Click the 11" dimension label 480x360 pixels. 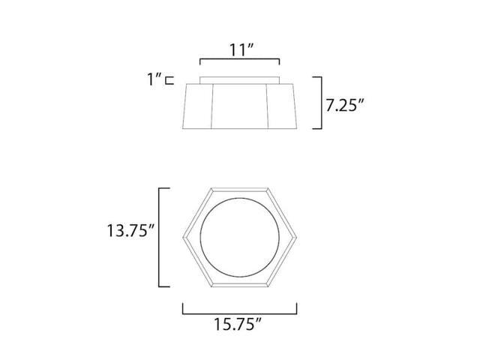point(241,50)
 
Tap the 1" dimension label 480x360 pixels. point(154,79)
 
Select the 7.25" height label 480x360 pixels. point(344,106)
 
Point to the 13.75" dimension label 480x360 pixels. point(130,230)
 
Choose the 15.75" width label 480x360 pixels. point(238,324)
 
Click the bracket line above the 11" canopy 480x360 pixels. point(240,60)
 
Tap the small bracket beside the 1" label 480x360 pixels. point(169,80)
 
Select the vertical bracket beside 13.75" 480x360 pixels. point(159,238)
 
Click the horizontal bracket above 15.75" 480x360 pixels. point(240,313)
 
